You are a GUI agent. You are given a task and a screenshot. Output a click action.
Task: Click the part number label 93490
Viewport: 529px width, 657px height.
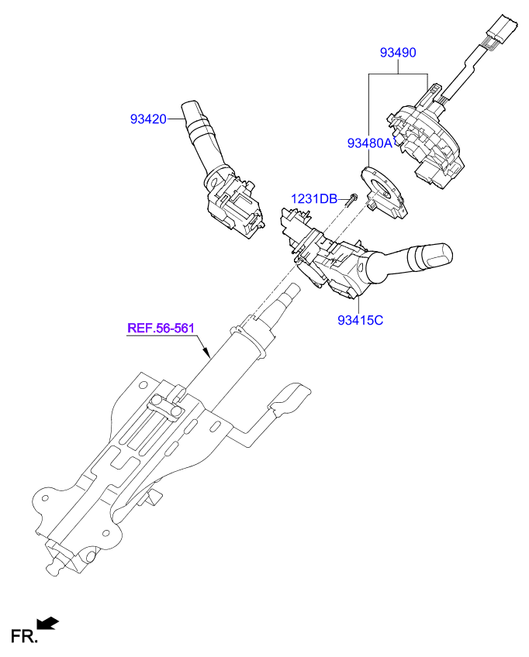(398, 53)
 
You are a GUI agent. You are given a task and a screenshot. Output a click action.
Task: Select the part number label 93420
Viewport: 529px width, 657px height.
(148, 119)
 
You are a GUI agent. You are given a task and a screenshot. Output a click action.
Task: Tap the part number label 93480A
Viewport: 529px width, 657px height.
(371, 143)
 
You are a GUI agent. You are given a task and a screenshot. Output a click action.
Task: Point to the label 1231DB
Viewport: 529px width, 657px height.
(314, 199)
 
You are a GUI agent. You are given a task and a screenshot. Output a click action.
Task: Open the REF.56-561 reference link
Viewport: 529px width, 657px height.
(161, 328)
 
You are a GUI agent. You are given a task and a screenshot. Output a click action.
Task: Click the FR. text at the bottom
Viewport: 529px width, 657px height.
(24, 637)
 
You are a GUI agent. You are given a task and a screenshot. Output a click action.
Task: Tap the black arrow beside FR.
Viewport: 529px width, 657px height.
(49, 622)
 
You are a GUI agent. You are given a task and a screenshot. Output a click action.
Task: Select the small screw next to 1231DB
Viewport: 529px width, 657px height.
(351, 200)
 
